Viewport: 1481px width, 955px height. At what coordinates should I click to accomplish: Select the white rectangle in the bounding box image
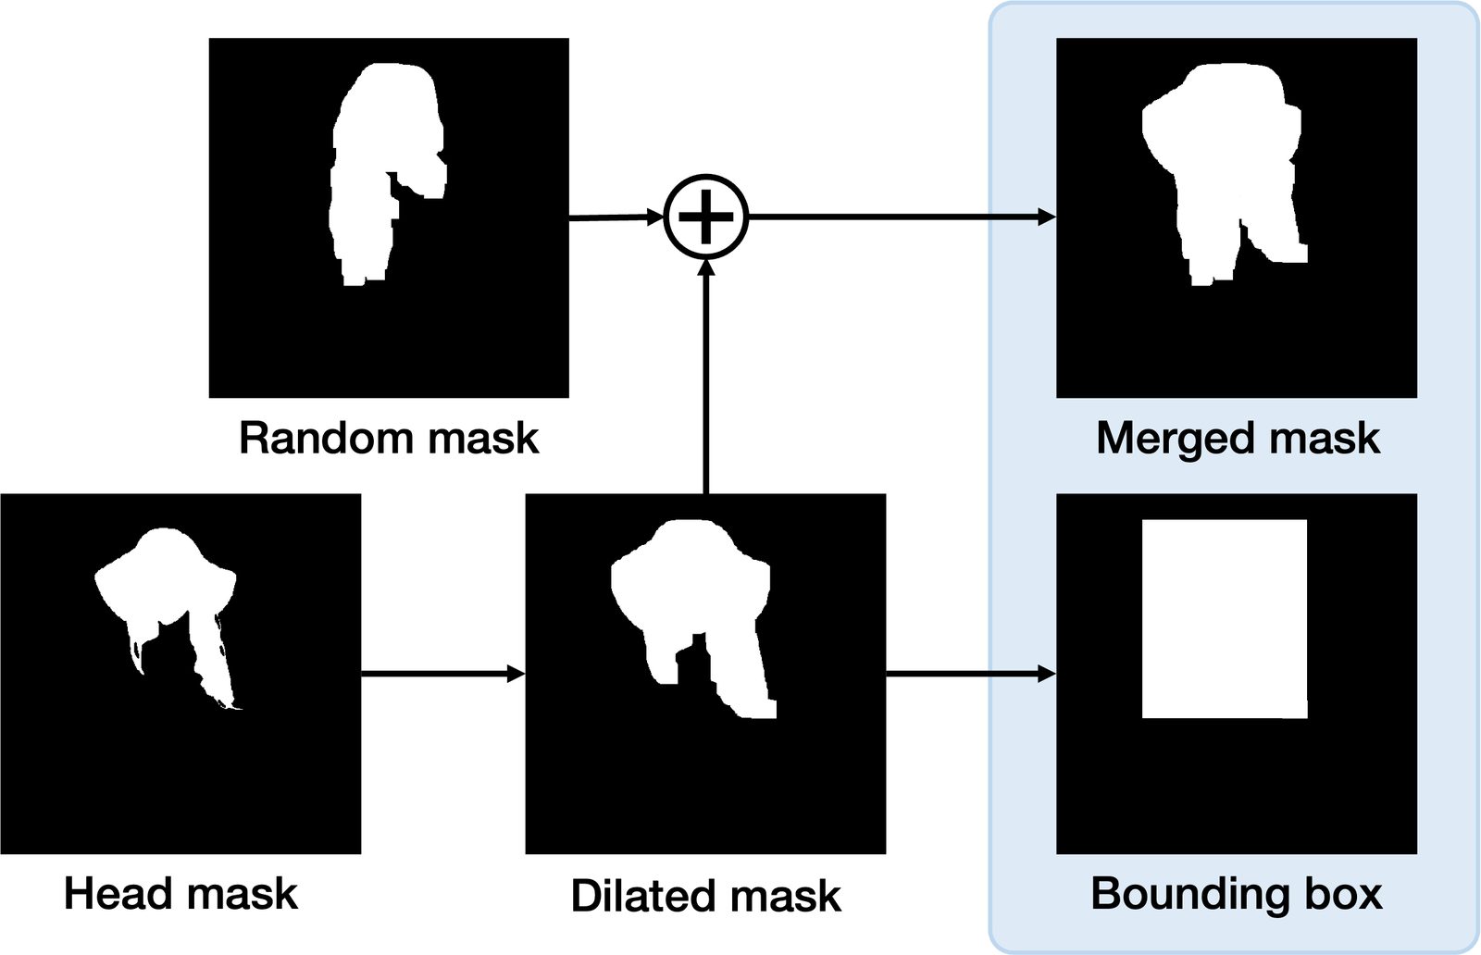pos(1224,618)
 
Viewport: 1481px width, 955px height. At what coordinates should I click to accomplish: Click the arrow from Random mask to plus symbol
pos(616,217)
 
